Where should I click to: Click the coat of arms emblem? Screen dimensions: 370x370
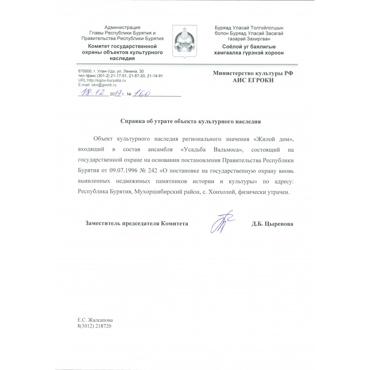[x=185, y=42]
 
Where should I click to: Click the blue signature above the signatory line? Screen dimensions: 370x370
[x=221, y=222]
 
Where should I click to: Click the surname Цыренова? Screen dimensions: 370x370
[x=279, y=223]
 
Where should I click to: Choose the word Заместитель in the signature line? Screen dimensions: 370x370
[x=105, y=223]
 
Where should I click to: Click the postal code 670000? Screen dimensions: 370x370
[x=86, y=71]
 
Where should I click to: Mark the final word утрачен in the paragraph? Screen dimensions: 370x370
[x=277, y=191]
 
